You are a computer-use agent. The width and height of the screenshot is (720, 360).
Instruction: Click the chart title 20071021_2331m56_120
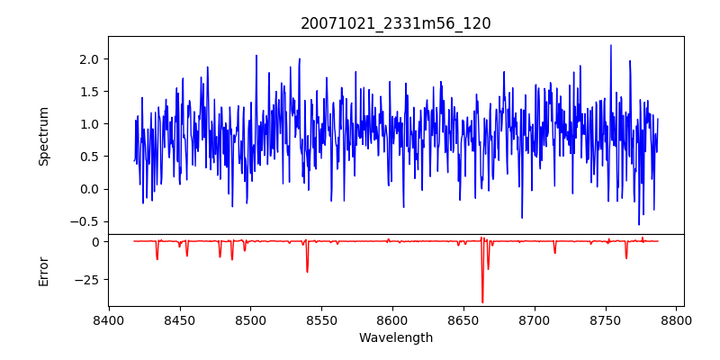click(396, 23)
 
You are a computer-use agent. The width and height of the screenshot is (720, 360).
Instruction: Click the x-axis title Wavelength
click(396, 338)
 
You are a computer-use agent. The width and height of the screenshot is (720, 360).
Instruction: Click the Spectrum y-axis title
click(44, 136)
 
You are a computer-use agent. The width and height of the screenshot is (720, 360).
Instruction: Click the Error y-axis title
click(44, 271)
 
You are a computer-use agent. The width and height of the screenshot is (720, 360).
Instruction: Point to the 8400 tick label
click(109, 320)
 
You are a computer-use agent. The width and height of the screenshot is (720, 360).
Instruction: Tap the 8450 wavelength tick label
click(180, 320)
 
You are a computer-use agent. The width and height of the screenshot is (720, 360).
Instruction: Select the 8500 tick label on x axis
click(251, 320)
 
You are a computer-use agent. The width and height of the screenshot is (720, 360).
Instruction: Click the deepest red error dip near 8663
click(482, 301)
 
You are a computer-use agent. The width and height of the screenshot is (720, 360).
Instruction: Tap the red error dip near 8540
click(307, 271)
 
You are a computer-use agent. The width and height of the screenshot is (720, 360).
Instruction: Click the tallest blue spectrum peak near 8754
click(610, 46)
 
